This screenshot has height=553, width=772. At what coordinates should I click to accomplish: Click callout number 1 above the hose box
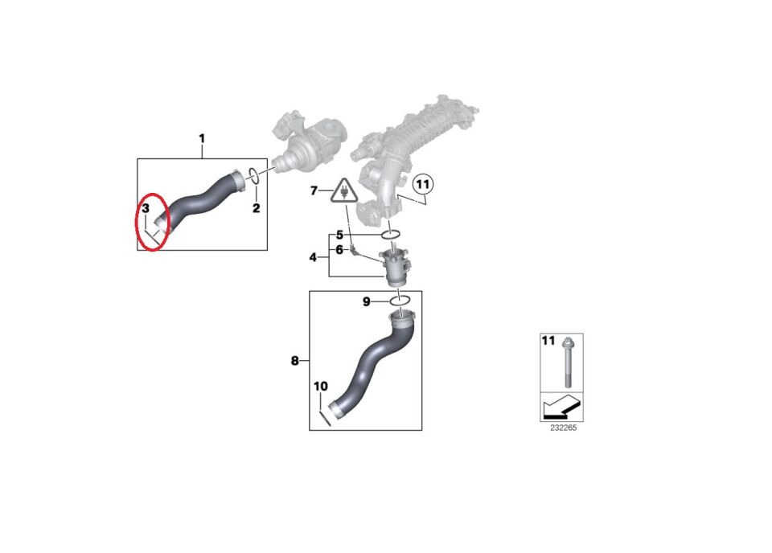202,139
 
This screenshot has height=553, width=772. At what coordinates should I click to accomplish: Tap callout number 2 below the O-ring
256,208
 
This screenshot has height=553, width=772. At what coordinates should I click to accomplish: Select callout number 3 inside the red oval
146,209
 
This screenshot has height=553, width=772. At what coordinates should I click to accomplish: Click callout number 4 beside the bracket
313,257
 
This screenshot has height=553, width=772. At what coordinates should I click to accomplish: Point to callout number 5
339,236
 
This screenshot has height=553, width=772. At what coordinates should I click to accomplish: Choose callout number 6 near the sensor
339,250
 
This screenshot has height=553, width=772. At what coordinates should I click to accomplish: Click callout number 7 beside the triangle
314,190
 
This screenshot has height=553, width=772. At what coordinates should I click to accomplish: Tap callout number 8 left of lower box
294,361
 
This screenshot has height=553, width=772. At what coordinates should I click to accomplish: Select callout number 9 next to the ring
367,301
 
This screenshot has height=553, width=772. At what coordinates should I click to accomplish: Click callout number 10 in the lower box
321,387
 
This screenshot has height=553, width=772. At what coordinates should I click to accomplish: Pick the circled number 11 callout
423,185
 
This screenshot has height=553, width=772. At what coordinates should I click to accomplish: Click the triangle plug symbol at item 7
345,191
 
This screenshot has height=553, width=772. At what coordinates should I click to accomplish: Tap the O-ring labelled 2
253,176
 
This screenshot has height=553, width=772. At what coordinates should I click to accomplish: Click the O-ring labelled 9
400,300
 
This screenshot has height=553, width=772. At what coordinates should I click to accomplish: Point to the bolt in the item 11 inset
567,363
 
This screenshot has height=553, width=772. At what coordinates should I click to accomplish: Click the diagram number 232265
563,428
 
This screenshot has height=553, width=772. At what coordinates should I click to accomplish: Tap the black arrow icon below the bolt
561,407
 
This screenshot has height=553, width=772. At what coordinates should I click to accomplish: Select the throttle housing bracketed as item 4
396,268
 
